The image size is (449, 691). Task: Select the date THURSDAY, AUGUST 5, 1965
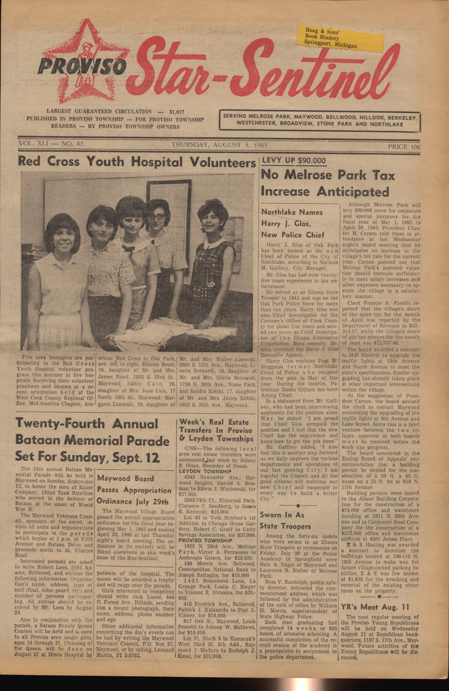219,145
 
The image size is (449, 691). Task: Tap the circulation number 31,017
177,112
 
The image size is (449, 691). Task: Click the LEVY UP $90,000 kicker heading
293,160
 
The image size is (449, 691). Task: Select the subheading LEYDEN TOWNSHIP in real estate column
205,471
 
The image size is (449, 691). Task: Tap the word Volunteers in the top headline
223,162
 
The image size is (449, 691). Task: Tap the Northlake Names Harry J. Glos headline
292,223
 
